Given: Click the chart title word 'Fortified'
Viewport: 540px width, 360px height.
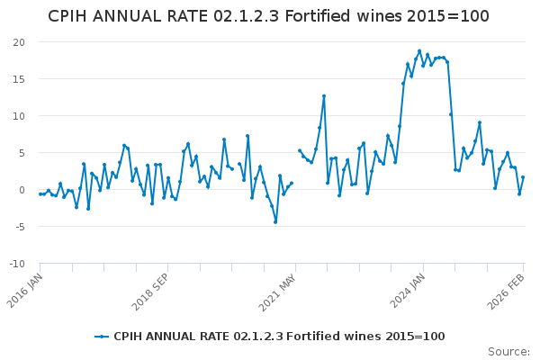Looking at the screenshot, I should pos(319,16).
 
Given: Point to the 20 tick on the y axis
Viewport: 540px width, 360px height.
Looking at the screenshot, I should pos(19,42).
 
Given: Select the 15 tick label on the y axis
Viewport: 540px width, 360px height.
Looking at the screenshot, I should pos(19,79).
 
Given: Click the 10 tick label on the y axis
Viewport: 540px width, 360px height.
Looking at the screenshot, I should pos(19,116).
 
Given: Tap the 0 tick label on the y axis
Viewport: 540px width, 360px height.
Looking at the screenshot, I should pos(22,190).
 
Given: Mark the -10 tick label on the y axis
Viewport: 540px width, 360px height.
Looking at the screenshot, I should pos(17,264).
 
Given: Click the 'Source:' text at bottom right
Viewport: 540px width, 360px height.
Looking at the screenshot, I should pos(508,351).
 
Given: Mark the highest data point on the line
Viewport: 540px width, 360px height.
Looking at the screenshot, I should pos(419,51).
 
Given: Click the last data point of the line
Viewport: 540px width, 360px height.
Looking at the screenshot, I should pos(523,177).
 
